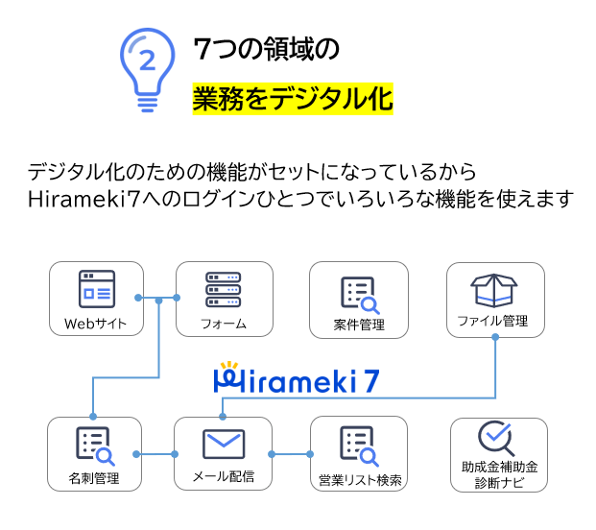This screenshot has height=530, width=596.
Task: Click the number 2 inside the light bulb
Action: pos(148,60)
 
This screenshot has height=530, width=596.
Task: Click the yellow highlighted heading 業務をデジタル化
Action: pos(293,99)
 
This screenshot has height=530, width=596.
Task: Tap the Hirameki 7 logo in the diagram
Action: pos(297,377)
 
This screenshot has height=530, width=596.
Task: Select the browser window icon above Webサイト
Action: pos(97,289)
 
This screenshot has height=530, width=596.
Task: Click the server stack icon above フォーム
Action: pos(223,289)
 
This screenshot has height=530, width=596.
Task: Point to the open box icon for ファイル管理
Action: pos(494,290)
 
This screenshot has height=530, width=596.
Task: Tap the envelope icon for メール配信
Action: pos(224,444)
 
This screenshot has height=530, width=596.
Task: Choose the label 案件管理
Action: pos(359,325)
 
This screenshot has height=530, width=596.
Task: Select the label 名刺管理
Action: pos(94,478)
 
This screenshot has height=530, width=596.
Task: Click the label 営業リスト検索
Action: pos(360,480)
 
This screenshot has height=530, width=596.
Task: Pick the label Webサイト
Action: pos(95,324)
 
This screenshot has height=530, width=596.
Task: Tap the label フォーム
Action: pos(224,324)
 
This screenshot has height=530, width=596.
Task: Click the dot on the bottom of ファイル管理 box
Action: pos(495,337)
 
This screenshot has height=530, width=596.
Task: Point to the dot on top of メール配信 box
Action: pos(223,417)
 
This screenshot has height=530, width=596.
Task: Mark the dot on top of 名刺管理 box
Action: pos(93,417)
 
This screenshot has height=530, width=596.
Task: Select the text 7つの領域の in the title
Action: pos(267,49)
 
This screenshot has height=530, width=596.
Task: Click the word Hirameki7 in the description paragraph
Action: pos(84,199)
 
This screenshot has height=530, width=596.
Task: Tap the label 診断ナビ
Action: pos(499,483)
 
